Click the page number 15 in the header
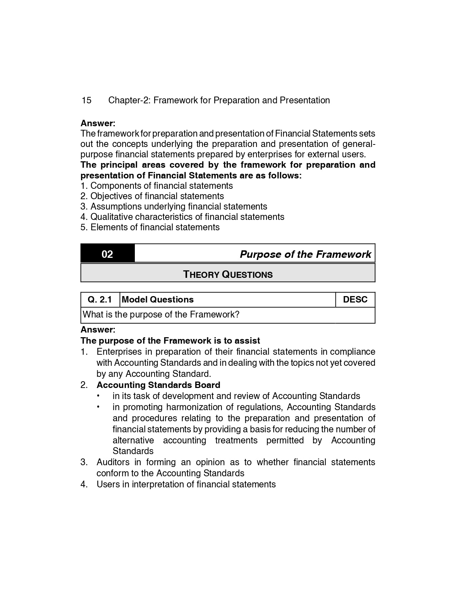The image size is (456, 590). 86,100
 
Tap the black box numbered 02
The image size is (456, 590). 107,254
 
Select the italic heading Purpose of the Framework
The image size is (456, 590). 305,254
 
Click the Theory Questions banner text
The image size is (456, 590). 228,275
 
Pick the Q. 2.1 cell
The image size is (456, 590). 100,300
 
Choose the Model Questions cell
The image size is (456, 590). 158,300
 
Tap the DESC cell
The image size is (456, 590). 355,300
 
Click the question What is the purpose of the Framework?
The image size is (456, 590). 161,315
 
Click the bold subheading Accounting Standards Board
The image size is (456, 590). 158,385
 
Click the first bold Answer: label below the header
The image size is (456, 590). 98,123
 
